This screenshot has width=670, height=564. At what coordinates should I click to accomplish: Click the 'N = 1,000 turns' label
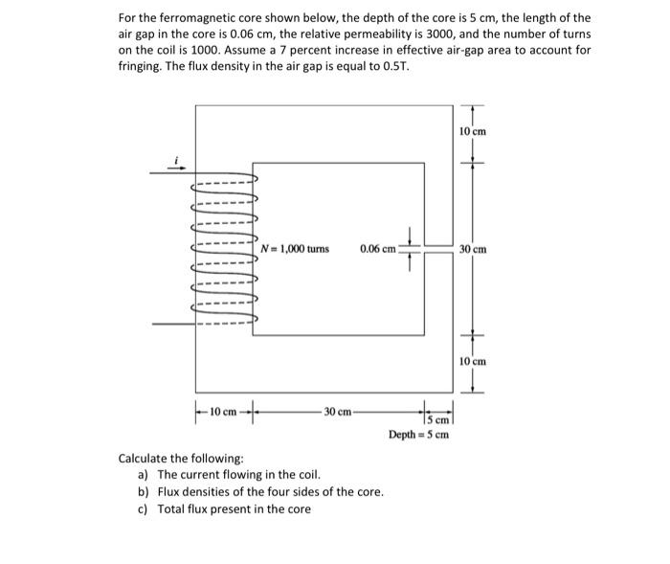pos(295,249)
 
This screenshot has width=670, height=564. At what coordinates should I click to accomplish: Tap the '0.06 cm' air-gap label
pos(378,249)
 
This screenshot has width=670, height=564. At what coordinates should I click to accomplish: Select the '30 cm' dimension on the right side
pos(473,250)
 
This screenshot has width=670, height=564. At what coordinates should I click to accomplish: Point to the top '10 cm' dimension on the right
pos(473,131)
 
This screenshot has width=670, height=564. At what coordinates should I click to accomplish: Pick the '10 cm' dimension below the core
pos(224,412)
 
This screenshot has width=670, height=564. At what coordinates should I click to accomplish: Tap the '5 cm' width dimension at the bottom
pos(438,418)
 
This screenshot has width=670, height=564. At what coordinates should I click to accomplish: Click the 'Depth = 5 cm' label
pos(418,435)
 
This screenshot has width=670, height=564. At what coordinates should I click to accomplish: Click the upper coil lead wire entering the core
pos(172,174)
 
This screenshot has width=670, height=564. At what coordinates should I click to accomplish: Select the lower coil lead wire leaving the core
pos(172,324)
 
